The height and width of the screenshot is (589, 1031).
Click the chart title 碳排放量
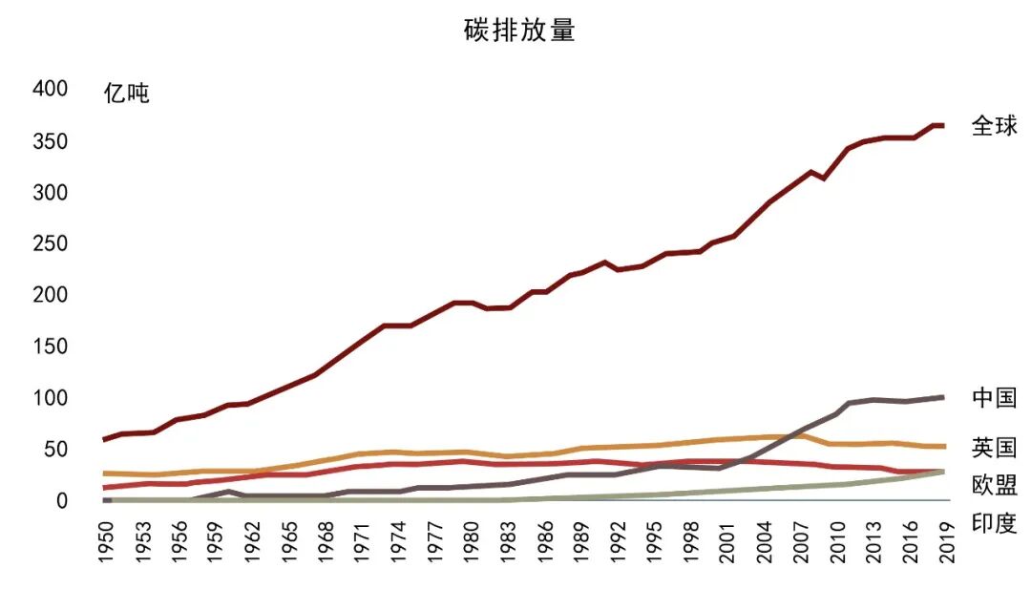point(519,31)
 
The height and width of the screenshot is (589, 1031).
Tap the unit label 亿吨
point(126,94)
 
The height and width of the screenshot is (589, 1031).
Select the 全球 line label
point(994,125)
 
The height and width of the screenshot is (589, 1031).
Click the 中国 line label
point(994,397)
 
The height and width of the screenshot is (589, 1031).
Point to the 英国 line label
point(994,448)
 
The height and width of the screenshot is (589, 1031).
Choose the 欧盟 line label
point(994,484)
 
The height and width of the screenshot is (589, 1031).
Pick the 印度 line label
point(994,523)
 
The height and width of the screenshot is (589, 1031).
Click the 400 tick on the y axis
point(50,89)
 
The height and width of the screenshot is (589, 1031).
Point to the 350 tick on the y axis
point(50,141)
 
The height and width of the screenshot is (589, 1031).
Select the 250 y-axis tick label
point(50,243)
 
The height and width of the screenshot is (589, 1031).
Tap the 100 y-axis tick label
point(50,397)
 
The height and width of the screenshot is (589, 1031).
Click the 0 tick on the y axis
point(62,500)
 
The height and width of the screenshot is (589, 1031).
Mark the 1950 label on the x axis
point(106,541)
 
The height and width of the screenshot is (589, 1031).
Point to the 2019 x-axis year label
point(946,541)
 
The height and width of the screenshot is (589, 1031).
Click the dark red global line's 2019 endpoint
point(942,126)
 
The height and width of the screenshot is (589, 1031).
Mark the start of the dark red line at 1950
point(105,439)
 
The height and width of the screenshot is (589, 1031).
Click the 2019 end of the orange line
point(942,447)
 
